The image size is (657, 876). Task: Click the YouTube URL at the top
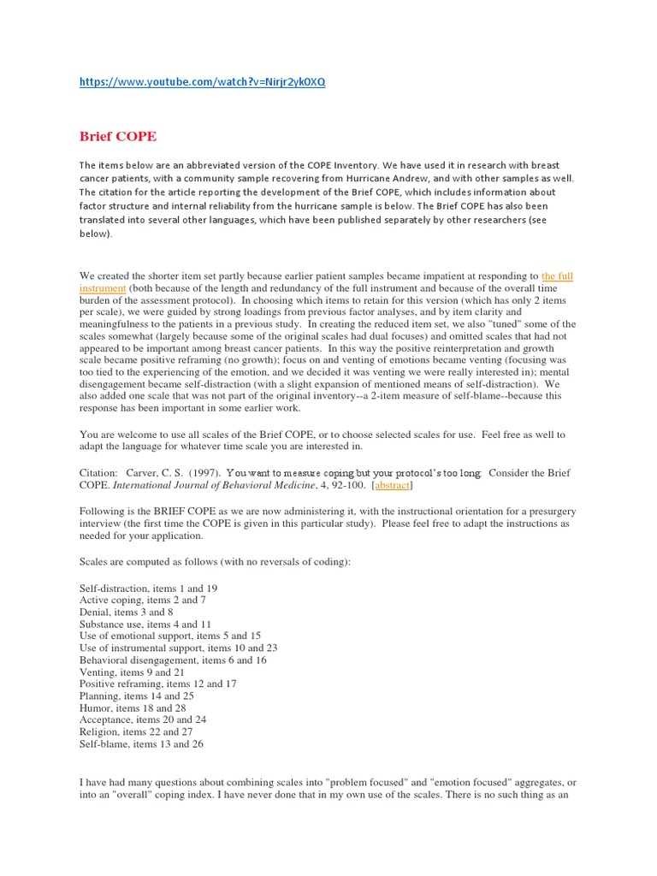tap(202, 82)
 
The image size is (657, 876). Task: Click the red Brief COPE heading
tap(118, 136)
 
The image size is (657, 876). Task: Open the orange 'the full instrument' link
tap(556, 276)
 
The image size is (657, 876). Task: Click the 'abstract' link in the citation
tap(393, 485)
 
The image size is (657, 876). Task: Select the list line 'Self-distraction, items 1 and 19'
tap(148, 589)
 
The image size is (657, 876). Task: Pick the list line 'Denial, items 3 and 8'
tap(127, 613)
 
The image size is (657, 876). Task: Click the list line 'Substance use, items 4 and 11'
tap(145, 624)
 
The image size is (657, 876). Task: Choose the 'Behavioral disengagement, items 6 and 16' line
tap(173, 660)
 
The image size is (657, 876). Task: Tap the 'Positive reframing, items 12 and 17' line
tap(157, 684)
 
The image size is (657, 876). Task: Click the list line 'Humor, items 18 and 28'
tap(133, 707)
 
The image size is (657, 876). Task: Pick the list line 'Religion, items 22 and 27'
tap(135, 731)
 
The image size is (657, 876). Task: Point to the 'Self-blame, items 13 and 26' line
tap(141, 743)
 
